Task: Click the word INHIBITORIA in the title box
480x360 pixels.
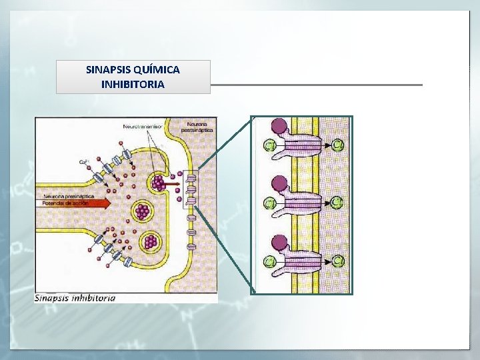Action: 133,85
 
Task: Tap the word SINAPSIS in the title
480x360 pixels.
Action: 109,69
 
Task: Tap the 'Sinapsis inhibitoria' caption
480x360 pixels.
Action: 75,297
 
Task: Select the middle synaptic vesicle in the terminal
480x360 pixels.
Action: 142,212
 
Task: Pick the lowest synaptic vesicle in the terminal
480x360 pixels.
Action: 151,240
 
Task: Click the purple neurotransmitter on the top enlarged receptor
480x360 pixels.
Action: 279,125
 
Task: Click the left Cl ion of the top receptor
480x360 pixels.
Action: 270,145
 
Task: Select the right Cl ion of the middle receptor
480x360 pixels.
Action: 338,201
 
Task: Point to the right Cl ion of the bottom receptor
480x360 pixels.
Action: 338,260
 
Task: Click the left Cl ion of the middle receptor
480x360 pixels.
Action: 270,202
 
